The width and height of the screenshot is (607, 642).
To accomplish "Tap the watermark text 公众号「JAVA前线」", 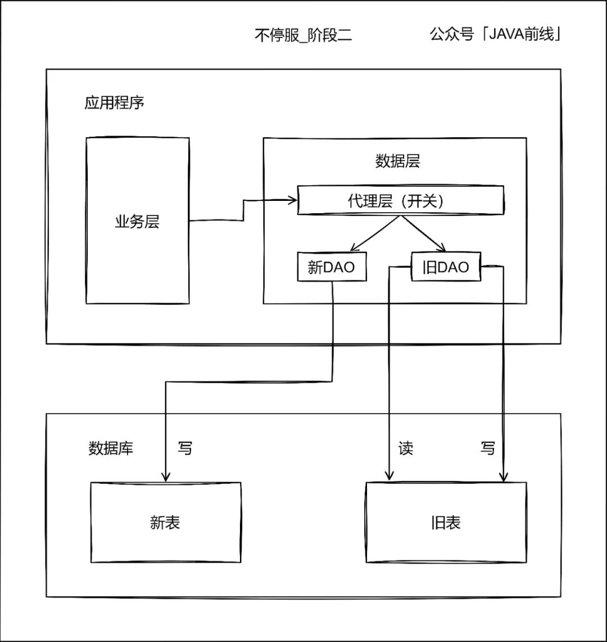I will point(497,35).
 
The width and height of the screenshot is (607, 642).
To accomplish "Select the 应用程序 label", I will point(115,104).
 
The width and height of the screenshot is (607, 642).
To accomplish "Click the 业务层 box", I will point(138,221).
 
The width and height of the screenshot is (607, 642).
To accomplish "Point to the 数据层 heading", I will point(397,161).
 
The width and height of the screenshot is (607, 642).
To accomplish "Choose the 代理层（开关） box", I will point(400,201).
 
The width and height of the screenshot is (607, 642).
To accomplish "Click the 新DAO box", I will point(332,267).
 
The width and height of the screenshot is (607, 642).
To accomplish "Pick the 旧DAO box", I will point(446,267).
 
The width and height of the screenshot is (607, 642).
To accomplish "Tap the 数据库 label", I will point(111,448).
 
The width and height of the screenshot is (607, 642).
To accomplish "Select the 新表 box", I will point(166,522).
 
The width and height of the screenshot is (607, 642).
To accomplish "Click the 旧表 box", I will point(446,522).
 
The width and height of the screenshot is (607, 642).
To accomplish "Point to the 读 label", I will point(406,448).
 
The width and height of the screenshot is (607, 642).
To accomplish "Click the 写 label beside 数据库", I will point(185,448).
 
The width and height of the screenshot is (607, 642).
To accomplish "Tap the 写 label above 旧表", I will point(488,448).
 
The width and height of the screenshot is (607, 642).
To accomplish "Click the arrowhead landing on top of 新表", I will point(166,477).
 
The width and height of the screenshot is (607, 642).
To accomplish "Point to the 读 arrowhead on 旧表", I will point(388,477).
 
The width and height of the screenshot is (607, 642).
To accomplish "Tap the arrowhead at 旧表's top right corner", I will point(504,477).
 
